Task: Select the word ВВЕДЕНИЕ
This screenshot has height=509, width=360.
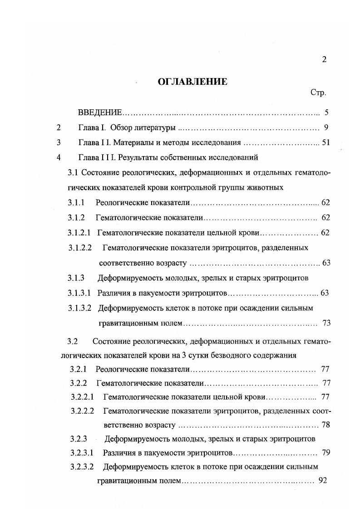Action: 100,112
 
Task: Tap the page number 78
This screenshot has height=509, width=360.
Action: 325,425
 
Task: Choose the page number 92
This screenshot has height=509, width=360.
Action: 323,480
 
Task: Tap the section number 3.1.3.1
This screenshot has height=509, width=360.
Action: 80,293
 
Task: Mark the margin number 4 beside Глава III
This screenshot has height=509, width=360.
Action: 58,158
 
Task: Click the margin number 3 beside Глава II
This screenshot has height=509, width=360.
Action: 58,143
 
